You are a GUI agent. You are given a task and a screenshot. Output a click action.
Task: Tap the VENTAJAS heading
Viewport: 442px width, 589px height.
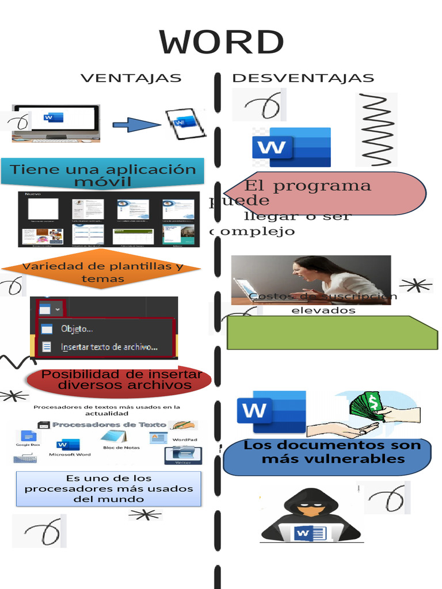pos(131,78)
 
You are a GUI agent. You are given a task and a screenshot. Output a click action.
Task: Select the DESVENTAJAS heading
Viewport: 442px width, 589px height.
pos(303,78)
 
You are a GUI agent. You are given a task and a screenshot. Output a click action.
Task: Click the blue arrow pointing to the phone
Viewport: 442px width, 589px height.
pos(136,124)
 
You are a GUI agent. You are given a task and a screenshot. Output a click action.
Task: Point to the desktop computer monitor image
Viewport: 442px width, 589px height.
pos(56,122)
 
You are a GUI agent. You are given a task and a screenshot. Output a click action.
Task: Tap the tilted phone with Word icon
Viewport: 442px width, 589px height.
pos(185,124)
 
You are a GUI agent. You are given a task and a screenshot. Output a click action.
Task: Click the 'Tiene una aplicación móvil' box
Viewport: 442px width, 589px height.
pos(102,174)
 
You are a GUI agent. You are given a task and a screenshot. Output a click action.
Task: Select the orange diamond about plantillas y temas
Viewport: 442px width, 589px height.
pos(102,271)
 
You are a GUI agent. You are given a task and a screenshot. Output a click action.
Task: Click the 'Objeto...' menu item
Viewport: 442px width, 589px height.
pos(77,329)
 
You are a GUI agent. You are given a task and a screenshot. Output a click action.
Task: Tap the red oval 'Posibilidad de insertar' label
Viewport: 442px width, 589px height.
pos(120,380)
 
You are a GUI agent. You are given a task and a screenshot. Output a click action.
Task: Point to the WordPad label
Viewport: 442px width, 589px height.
pos(184,440)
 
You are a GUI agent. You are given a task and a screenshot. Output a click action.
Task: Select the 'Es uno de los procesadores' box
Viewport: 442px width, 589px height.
pos(109,489)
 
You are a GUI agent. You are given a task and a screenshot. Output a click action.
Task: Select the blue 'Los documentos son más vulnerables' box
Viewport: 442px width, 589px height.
pos(327,457)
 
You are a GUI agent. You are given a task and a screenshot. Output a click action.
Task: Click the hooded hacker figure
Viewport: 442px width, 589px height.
pos(311,514)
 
